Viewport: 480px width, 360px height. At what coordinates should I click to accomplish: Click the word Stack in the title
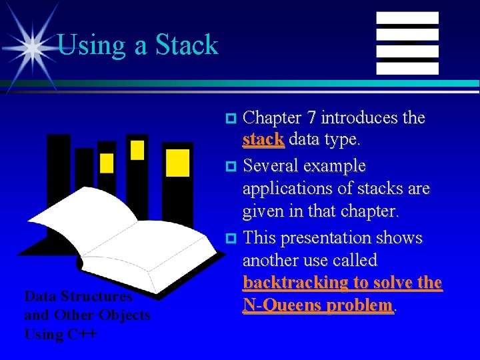(187, 45)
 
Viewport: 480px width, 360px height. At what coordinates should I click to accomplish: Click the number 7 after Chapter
(311, 118)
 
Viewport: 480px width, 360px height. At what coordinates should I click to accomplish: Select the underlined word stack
(263, 140)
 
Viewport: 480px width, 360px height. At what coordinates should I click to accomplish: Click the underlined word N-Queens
(281, 305)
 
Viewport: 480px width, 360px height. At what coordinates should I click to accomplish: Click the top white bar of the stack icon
(407, 18)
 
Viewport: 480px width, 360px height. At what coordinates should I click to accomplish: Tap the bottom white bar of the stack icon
(407, 68)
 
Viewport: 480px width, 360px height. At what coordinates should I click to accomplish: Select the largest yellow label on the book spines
(177, 163)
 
